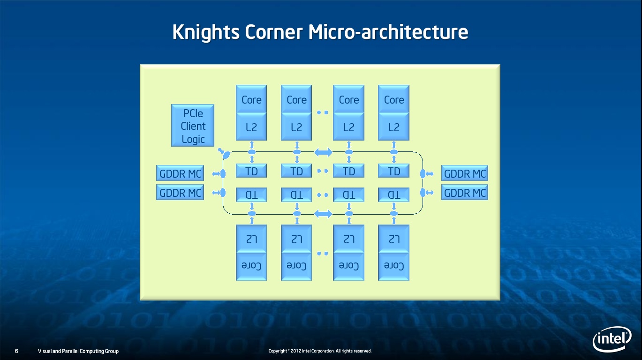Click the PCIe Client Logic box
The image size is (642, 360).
tap(193, 126)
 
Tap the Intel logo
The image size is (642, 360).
tap(612, 338)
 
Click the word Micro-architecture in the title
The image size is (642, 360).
tap(388, 32)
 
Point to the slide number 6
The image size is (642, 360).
tap(16, 351)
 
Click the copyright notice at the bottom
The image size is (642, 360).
tap(320, 351)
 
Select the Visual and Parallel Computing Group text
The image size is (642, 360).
tap(78, 351)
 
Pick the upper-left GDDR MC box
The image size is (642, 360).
tap(180, 173)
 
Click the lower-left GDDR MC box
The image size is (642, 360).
tap(180, 192)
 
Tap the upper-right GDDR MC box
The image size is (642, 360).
tap(465, 173)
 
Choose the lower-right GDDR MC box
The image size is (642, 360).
tap(465, 192)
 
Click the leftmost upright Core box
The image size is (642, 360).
tap(251, 99)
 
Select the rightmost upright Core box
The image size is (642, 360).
tap(394, 99)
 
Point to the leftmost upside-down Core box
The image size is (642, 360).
tap(251, 266)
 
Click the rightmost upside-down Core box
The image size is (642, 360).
tap(394, 266)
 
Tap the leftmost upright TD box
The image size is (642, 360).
tap(251, 171)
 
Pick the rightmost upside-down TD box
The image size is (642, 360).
tap(394, 195)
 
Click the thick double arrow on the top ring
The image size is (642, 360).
tap(323, 152)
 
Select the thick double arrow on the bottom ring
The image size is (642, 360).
tap(323, 214)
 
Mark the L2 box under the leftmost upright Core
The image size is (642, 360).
tap(251, 127)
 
